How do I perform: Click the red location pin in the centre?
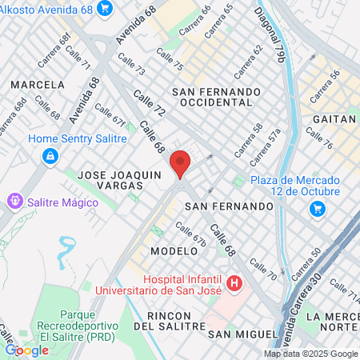pyautogui.click(x=180, y=162)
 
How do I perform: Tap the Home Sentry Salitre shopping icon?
pyautogui.click(x=50, y=155)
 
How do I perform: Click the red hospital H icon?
pyautogui.click(x=234, y=282)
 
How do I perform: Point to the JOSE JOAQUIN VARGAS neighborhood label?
pyautogui.click(x=110, y=178)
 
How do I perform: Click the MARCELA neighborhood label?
pyautogui.click(x=38, y=84)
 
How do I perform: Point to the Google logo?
pyautogui.click(x=26, y=350)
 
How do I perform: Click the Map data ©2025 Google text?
pyautogui.click(x=310, y=354)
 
